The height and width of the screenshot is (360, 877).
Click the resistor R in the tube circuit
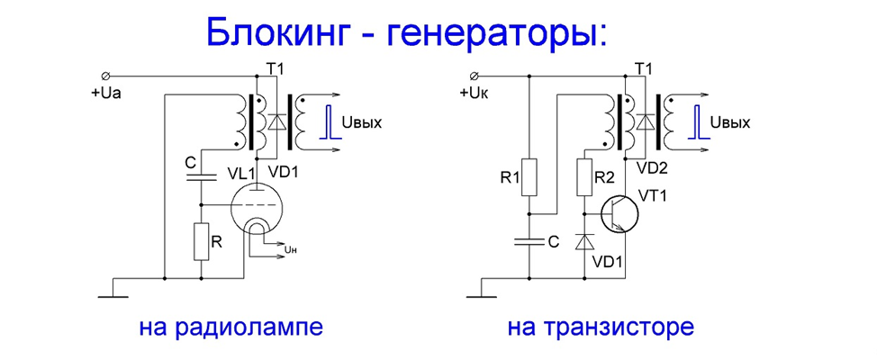click(x=201, y=242)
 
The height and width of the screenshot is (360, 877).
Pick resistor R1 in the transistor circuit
click(x=529, y=177)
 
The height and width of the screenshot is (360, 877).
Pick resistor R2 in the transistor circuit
click(x=585, y=177)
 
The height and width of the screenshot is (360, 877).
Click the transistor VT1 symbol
click(x=619, y=212)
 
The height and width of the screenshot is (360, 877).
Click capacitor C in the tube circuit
click(x=201, y=176)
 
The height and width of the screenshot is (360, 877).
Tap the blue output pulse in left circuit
click(x=330, y=126)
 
